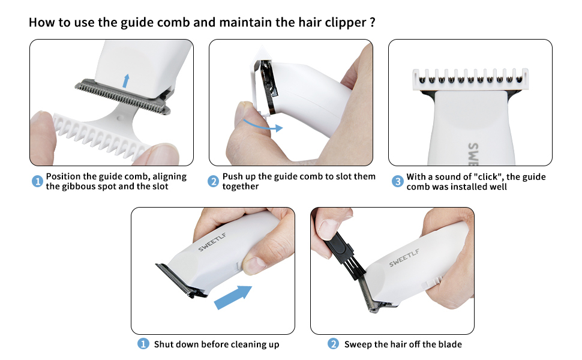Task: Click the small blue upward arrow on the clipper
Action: tap(126, 81)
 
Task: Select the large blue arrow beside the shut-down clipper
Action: tap(233, 296)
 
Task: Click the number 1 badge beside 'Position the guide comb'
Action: tap(37, 181)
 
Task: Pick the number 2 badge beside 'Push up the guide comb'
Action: tap(213, 181)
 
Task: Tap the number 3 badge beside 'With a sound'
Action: tap(398, 181)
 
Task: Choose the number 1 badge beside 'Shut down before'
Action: tap(143, 344)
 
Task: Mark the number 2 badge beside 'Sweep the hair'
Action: tap(333, 344)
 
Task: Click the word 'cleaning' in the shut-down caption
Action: tap(248, 345)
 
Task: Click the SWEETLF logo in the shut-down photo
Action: tap(212, 242)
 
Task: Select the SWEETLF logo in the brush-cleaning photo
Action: tap(404, 257)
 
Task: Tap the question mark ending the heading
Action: tap(373, 22)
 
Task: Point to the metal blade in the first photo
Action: tap(123, 97)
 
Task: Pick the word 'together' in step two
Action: tap(241, 187)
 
